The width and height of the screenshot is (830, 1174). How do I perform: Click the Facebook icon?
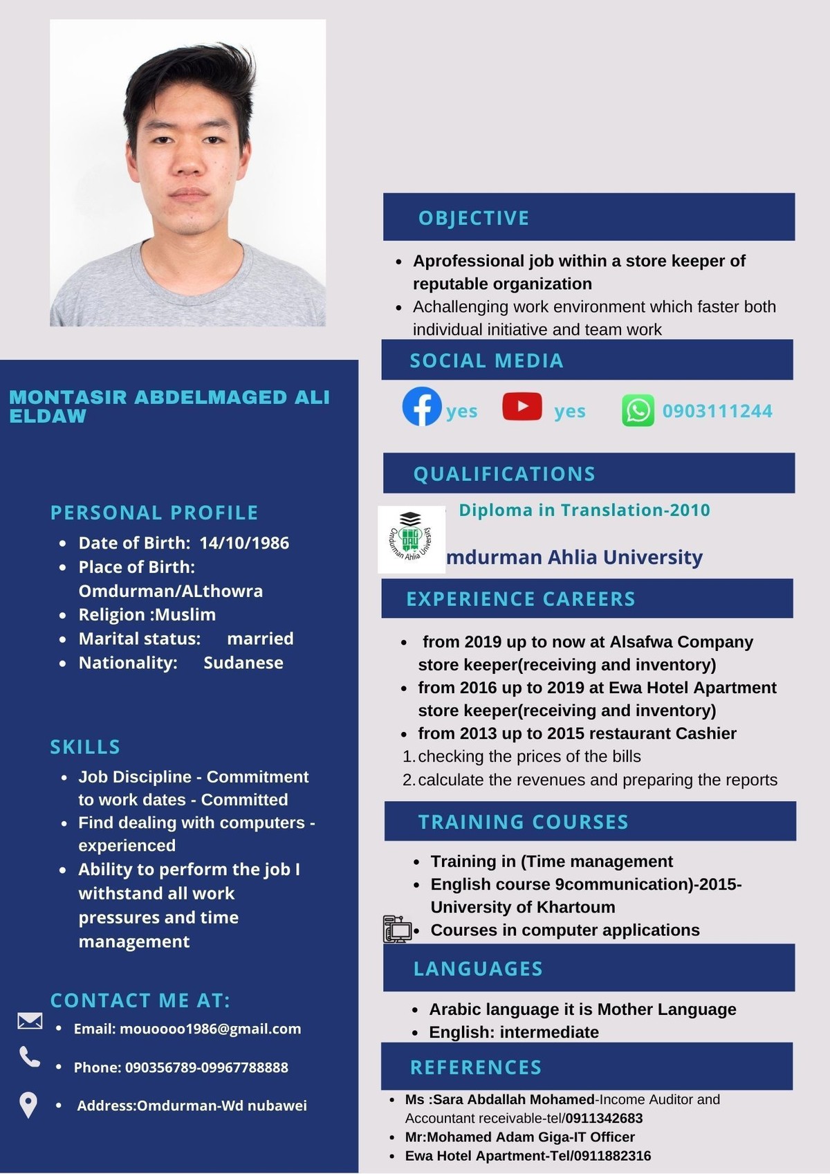422,407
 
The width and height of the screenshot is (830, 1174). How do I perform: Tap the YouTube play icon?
522,406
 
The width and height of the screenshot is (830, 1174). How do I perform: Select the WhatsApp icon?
638,411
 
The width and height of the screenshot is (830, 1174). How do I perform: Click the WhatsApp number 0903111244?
717,411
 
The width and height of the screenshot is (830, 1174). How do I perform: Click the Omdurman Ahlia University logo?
411,539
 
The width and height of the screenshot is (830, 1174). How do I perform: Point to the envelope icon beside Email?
30,1021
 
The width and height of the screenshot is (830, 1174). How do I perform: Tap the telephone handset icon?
30,1056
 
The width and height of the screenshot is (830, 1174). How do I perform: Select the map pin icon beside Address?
28,1105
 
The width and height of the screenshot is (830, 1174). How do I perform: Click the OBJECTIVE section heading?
474,218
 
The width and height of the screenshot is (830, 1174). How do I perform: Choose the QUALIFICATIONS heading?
504,474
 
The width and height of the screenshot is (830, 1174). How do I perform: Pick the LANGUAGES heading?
478,969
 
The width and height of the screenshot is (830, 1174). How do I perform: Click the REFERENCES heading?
476,1067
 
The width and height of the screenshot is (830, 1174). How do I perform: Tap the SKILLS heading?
85,747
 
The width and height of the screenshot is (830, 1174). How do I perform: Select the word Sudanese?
243,663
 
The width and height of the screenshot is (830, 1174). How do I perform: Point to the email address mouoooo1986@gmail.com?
210,1029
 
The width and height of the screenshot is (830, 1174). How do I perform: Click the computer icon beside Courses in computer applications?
397,929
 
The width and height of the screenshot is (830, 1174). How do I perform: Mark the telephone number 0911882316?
612,1155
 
